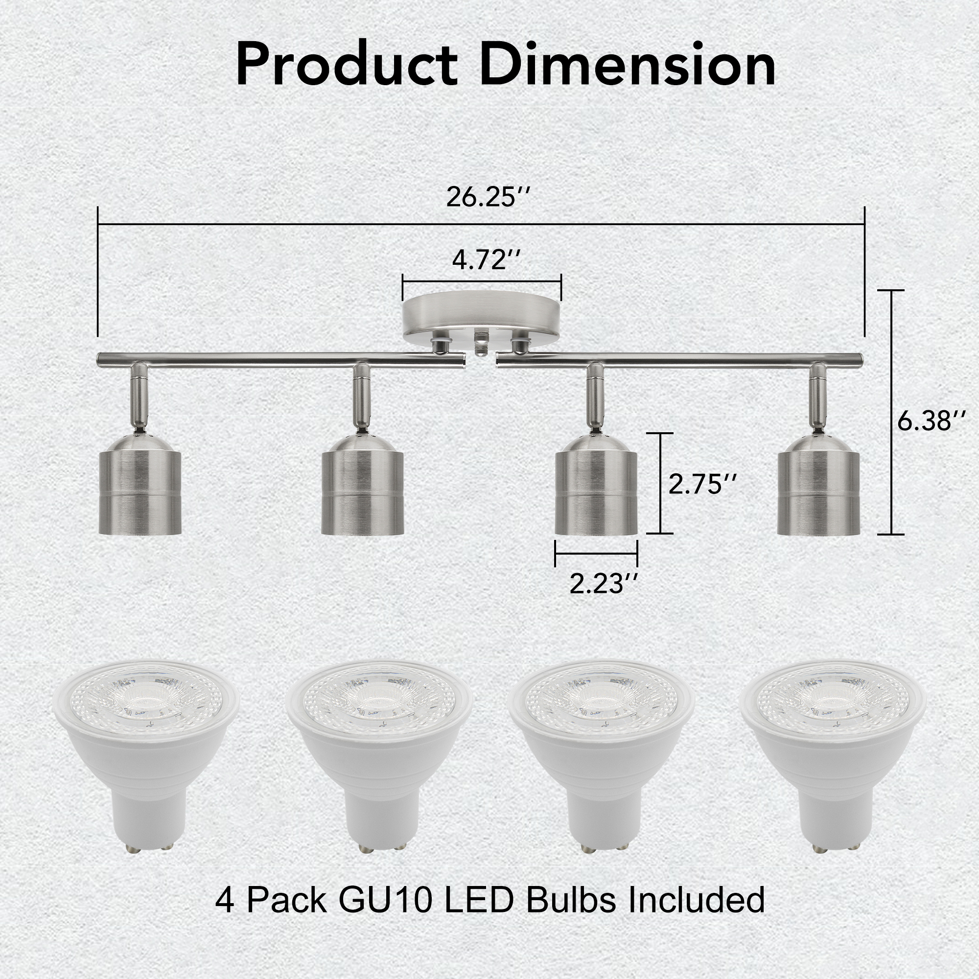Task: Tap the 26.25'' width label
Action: pyautogui.click(x=488, y=198)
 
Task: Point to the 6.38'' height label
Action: pyautogui.click(x=932, y=420)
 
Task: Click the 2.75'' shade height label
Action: pyautogui.click(x=702, y=484)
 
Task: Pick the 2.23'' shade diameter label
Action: pyautogui.click(x=603, y=584)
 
